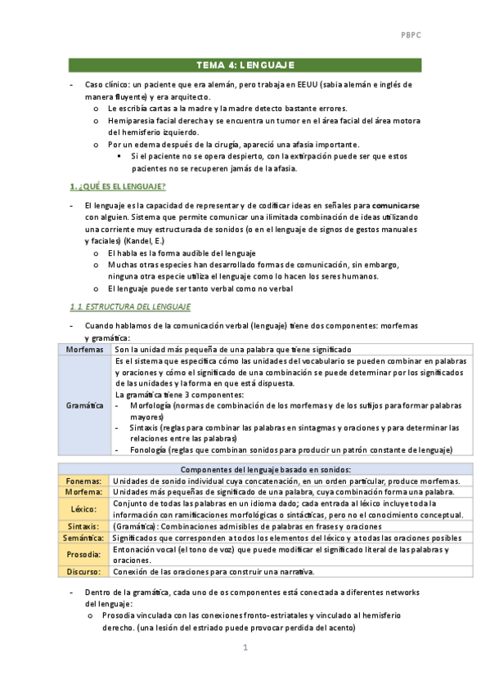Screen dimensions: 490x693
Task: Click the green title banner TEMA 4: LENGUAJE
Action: point(245,65)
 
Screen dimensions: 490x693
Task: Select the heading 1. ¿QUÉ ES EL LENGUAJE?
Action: point(118,186)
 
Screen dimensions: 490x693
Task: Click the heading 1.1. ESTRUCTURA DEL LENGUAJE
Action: point(130,306)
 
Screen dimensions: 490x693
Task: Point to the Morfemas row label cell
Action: point(85,349)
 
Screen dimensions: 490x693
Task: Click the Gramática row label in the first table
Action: point(85,405)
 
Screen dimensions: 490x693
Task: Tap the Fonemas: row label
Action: point(85,481)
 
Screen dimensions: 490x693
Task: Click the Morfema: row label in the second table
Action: point(85,492)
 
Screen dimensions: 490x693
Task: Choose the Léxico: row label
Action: point(85,508)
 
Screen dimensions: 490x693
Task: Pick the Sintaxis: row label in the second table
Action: point(85,526)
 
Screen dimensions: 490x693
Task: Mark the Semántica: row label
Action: point(85,538)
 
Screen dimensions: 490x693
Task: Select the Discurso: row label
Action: point(85,571)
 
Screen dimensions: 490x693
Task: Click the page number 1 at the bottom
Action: point(245,648)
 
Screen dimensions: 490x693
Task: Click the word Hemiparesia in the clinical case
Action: point(133,120)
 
